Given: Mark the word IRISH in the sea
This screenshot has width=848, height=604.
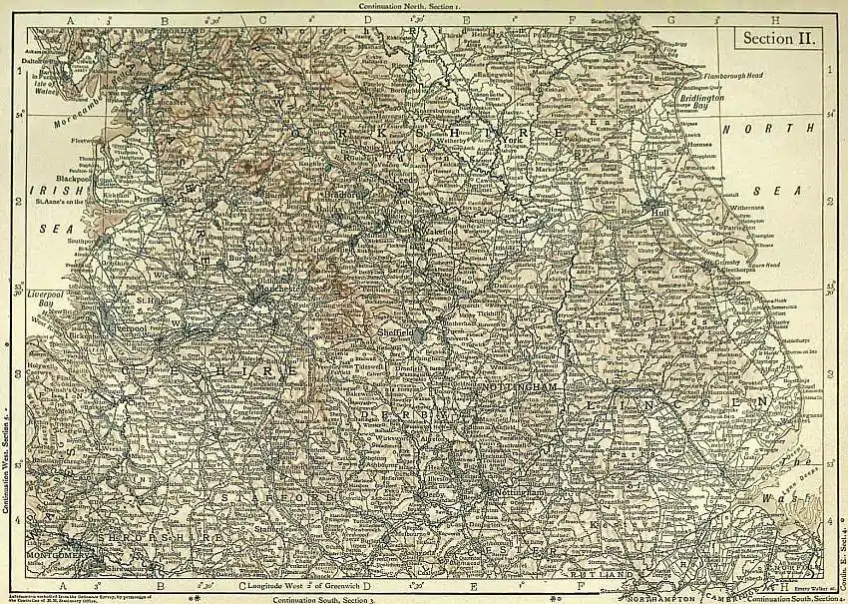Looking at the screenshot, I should [47, 187].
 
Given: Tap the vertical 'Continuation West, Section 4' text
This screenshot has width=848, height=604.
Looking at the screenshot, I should [5, 469].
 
